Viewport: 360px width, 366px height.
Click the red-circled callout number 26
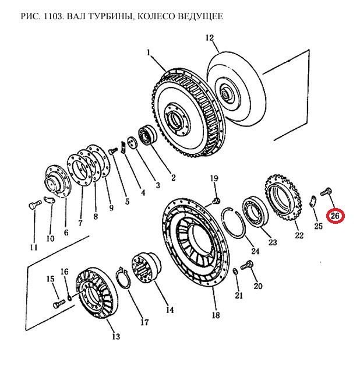pos(335,217)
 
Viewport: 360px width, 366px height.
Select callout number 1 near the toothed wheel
pos(149,53)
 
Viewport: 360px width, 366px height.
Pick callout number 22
pos(299,235)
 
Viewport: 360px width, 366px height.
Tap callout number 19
pos(214,178)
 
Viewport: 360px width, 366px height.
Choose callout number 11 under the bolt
pos(34,247)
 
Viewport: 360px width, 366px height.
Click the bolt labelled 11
pos(34,205)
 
